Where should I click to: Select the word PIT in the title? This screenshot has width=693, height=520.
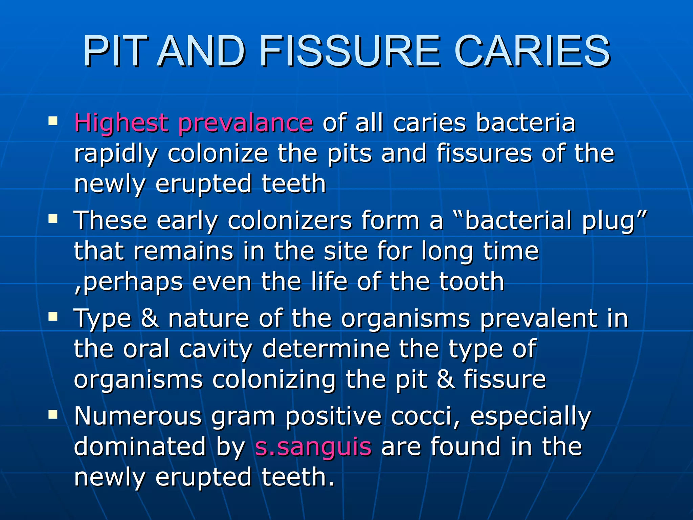coord(115,51)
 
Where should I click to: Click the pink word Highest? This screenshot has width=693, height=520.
coord(121,123)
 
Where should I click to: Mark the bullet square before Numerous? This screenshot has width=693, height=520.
coord(53,414)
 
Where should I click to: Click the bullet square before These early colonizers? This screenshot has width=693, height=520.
coord(53,219)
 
